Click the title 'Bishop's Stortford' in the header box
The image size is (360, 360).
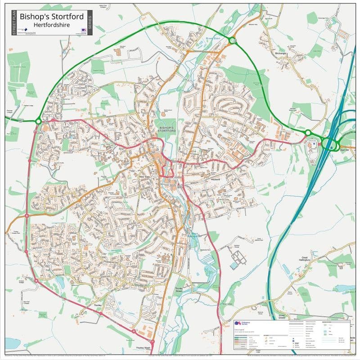click(x=51, y=17)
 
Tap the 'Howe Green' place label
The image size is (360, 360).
click(x=281, y=317)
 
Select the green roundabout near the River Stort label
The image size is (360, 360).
click(x=232, y=41)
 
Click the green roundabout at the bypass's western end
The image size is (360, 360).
click(x=38, y=121)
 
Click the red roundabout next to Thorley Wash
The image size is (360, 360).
click(x=134, y=332)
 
